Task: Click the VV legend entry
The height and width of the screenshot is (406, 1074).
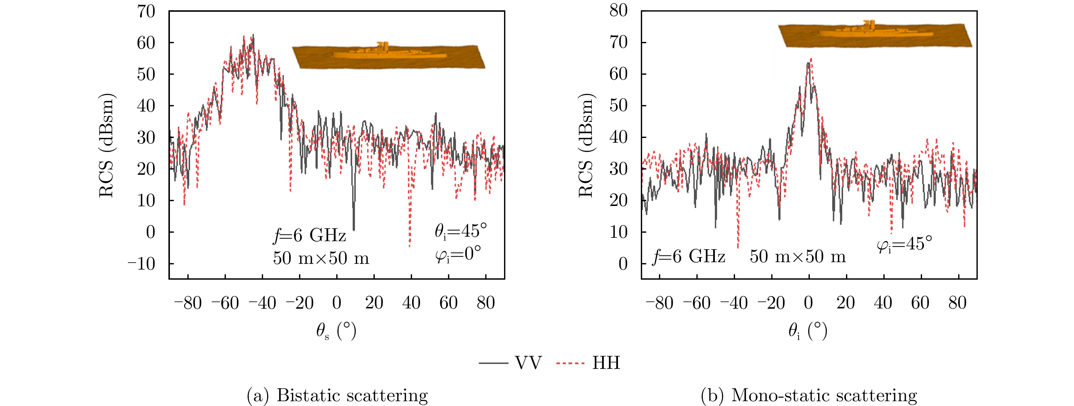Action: (x=510, y=363)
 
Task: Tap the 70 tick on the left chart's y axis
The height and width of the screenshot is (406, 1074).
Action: (x=146, y=11)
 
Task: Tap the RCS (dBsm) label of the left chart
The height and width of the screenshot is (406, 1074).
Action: (x=107, y=146)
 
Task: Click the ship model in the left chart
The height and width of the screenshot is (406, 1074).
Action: (x=389, y=54)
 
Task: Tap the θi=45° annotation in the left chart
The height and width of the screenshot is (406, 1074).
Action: (x=461, y=231)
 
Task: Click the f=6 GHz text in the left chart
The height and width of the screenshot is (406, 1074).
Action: (x=309, y=236)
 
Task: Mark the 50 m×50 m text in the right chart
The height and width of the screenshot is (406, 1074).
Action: (x=798, y=256)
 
